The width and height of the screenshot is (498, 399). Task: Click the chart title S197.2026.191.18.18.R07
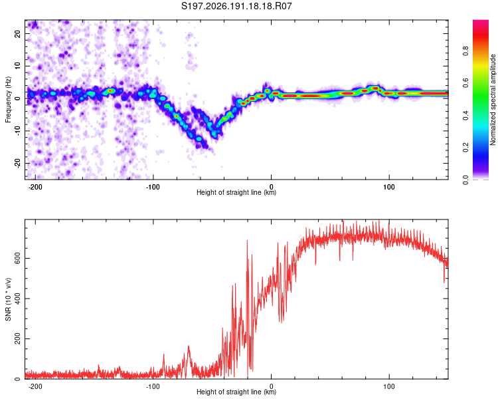click(x=236, y=6)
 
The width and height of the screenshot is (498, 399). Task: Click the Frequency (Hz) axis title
click(x=8, y=100)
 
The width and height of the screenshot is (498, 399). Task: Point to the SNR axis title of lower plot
click(x=8, y=299)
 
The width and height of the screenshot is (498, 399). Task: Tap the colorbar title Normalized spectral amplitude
click(x=493, y=100)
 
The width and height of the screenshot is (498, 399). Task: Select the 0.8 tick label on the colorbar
click(x=465, y=51)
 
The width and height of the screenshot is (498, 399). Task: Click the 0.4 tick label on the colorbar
click(x=465, y=115)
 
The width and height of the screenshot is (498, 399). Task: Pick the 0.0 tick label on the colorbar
click(x=465, y=180)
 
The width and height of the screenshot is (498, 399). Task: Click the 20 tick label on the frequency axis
click(x=17, y=34)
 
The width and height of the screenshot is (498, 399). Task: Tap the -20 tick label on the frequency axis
click(x=17, y=163)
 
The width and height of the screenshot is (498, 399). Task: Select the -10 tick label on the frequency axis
click(x=17, y=131)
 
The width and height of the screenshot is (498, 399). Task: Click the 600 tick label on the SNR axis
click(x=17, y=259)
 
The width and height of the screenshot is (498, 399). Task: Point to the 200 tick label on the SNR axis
click(x=17, y=339)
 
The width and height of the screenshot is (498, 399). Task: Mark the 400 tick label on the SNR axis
click(x=17, y=299)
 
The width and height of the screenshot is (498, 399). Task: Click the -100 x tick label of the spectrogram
click(x=153, y=187)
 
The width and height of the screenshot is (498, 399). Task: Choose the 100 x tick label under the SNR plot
click(x=388, y=386)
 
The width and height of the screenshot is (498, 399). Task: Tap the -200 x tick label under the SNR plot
click(x=35, y=386)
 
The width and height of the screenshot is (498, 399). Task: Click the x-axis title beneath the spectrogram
click(x=236, y=192)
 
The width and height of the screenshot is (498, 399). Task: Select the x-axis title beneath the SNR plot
click(x=236, y=392)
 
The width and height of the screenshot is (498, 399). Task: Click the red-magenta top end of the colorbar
click(x=481, y=21)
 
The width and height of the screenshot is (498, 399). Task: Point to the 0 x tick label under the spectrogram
click(x=271, y=187)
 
